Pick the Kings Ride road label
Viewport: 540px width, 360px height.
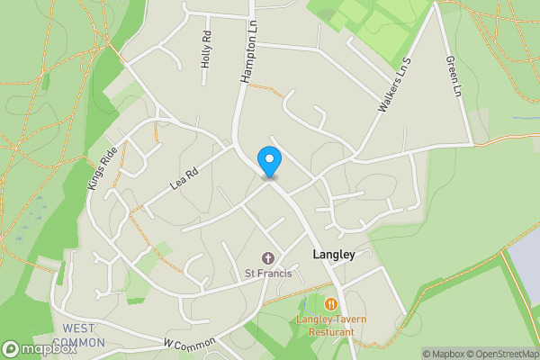point(103,167)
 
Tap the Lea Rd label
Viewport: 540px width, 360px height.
point(184,176)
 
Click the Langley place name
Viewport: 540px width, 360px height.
point(334,255)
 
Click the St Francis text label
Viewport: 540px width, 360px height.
point(268,274)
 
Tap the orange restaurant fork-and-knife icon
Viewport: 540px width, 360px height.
point(331,304)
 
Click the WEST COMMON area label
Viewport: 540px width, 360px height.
point(78,335)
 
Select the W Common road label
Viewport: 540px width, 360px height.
point(191,343)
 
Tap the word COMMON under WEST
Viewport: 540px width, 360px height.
point(78,342)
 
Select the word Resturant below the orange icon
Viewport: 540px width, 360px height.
point(331,332)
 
